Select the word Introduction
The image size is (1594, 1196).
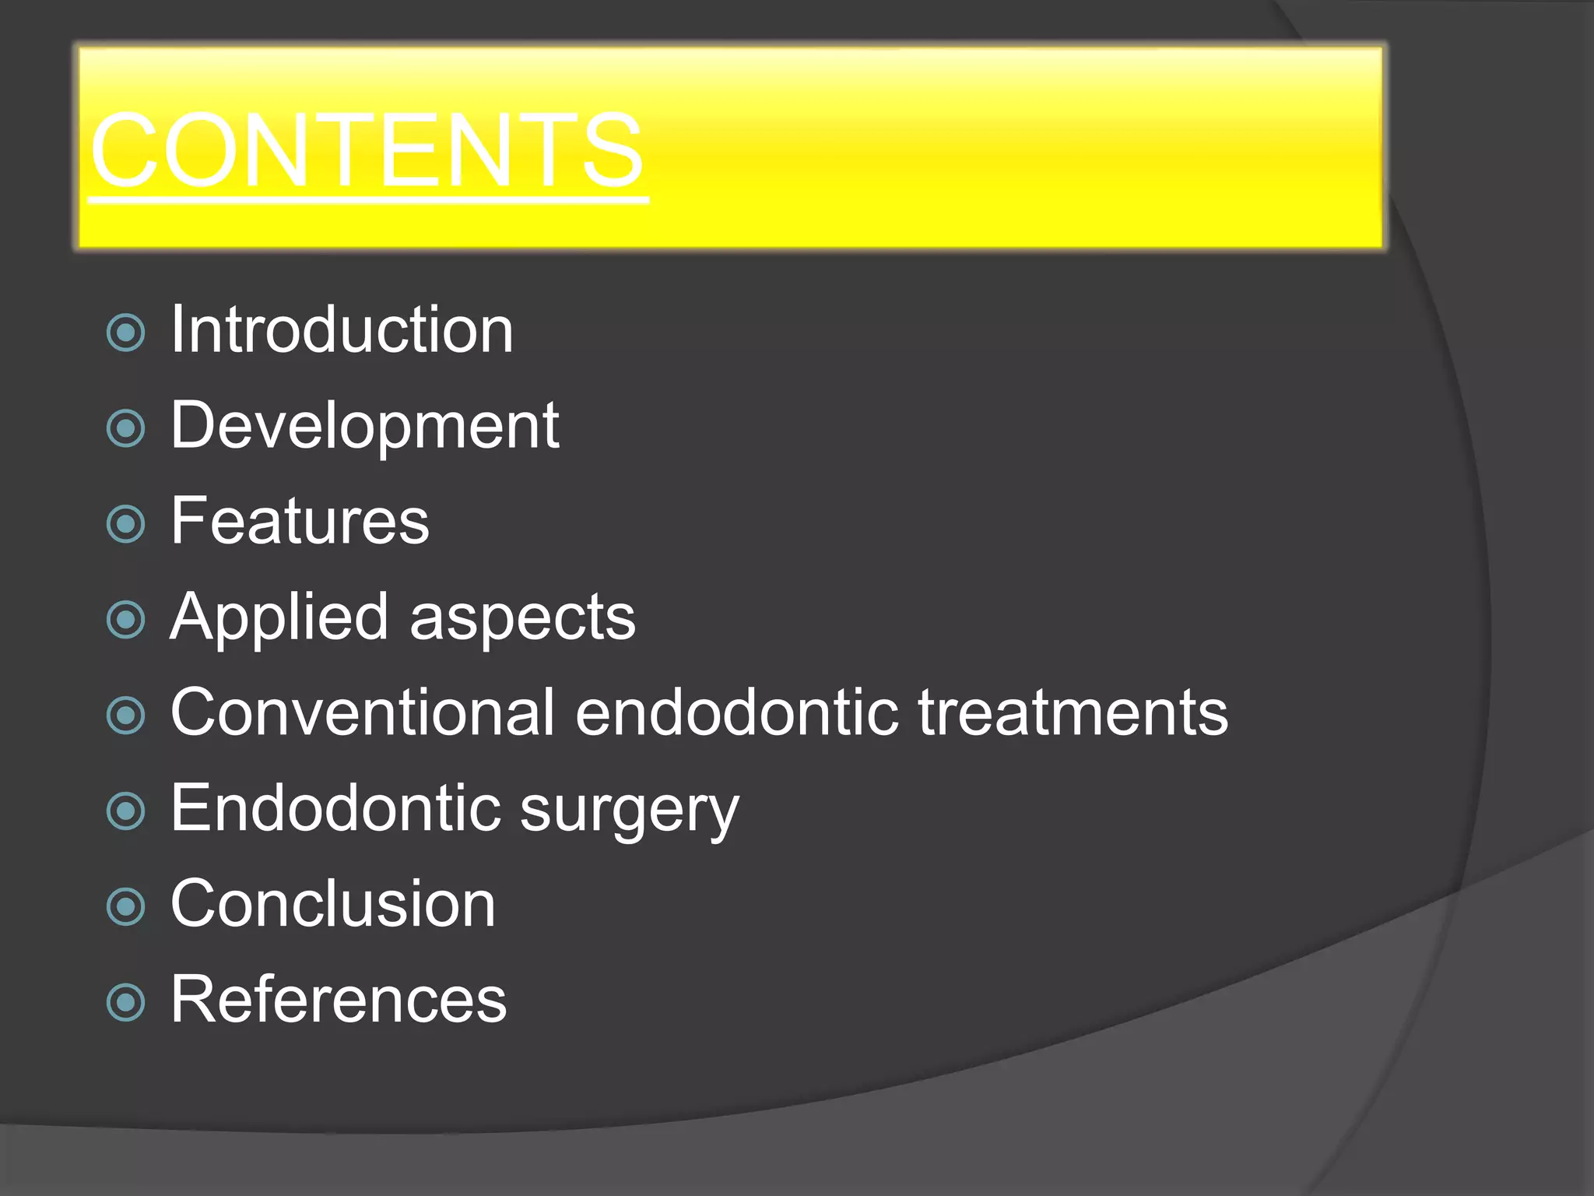pos(342,330)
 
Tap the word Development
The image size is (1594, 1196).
pos(364,426)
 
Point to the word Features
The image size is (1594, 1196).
pos(300,521)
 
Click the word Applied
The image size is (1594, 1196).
pos(279,617)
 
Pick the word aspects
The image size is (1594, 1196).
pos(522,617)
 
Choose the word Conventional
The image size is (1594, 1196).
pos(363,712)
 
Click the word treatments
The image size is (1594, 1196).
pos(1073,712)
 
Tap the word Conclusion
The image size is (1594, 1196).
pos(333,904)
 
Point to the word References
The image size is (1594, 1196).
pos(339,1000)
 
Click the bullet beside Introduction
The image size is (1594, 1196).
pos(126,333)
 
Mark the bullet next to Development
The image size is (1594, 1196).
pos(126,428)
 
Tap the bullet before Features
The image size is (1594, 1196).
pos(126,524)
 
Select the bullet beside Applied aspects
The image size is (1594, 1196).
pos(126,620)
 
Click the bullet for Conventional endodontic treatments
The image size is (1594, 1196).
pos(126,716)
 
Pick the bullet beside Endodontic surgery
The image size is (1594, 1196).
pos(126,811)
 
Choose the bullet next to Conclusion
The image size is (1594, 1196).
pos(126,906)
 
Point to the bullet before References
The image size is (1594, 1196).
pos(126,1002)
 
